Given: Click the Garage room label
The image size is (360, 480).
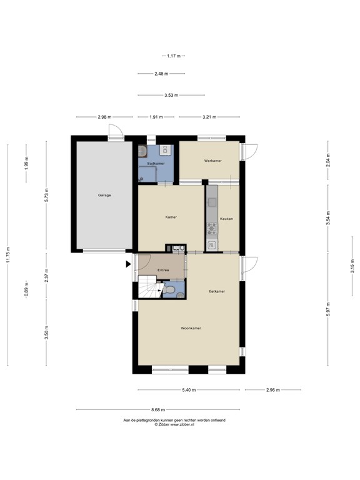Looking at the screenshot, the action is [104, 195].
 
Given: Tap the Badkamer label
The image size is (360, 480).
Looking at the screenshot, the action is [156, 164].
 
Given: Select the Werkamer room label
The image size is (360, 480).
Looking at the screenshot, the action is [212, 161].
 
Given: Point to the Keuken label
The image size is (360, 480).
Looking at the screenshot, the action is [226, 219].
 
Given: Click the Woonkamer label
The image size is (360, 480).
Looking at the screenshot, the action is [191, 328].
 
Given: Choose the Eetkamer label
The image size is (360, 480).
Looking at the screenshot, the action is [217, 291].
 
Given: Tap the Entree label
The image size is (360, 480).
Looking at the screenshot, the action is [163, 270].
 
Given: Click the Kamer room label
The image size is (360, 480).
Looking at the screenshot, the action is [171, 217].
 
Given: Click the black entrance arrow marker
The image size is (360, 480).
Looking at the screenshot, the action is [129, 264].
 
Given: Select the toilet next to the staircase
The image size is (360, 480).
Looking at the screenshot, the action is [169, 289].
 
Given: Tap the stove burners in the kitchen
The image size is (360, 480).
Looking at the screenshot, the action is [211, 229].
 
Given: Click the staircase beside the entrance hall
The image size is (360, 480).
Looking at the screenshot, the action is [149, 287].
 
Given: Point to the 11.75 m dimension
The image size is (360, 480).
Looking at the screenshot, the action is [8, 255].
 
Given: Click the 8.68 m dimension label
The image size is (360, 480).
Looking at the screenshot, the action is [158, 409].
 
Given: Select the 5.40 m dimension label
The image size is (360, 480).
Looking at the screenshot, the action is [189, 390].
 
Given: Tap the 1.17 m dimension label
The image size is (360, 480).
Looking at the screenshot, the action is [174, 56].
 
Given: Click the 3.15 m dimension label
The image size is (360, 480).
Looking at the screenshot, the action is [352, 266].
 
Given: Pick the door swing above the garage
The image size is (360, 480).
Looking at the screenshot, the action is [116, 131].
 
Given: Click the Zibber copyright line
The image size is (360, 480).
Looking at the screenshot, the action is [174, 424].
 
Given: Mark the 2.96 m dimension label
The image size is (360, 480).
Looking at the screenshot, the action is [272, 390].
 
